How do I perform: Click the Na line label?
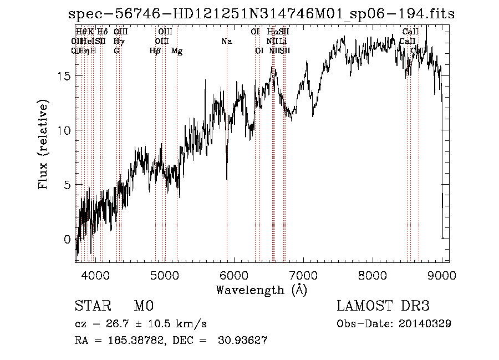click(226, 42)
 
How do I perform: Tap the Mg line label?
click(177, 51)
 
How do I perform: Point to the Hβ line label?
click(155, 51)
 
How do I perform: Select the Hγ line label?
click(119, 42)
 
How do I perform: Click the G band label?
click(116, 51)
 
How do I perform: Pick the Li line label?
click(283, 42)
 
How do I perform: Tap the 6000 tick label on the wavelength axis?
click(233, 275)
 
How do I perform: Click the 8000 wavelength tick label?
click(373, 275)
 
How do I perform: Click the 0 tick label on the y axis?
click(68, 240)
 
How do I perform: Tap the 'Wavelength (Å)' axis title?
click(261, 290)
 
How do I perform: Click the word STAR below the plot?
click(93, 307)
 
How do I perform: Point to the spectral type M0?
click(143, 307)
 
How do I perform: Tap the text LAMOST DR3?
click(383, 307)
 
